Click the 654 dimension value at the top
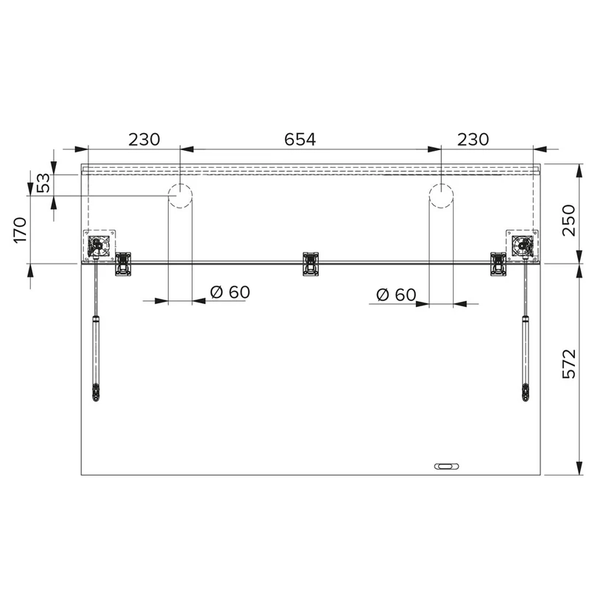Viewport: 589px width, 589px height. pos(300,139)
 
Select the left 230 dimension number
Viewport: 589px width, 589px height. pos(144,139)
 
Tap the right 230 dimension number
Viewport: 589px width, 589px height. pos(473,139)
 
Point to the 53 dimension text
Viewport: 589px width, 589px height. pos(43,183)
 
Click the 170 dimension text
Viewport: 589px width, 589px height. pos(21,230)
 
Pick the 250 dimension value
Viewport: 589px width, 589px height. pos(568,220)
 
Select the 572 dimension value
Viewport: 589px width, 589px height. pos(568,364)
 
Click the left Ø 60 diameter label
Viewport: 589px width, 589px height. pos(230,292)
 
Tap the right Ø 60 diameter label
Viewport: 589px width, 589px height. pos(396,295)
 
